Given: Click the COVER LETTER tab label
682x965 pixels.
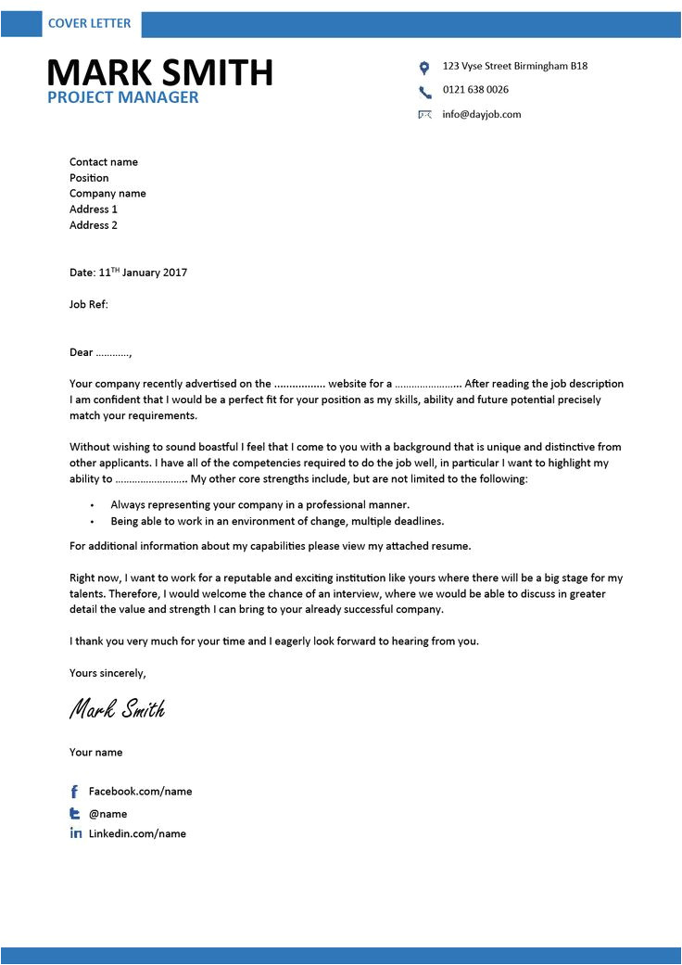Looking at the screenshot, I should [x=90, y=23].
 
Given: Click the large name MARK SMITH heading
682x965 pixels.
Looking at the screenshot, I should [x=159, y=72].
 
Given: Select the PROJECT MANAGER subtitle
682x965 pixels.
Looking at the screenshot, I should [x=123, y=97].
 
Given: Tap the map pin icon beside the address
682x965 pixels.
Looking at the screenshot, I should [x=424, y=68].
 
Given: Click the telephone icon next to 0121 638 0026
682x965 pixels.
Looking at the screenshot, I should [x=425, y=92].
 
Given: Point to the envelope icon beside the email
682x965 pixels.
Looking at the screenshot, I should [x=425, y=115].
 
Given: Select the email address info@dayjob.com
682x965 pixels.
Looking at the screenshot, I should [x=482, y=115].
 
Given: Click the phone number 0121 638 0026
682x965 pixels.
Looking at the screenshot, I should [x=475, y=90].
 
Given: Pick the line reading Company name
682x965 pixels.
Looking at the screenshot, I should [x=107, y=194].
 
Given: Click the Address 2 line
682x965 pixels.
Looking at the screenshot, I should [x=94, y=225].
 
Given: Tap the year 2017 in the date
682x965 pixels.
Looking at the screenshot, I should [x=173, y=273].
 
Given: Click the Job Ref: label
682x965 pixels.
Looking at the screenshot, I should [x=89, y=304].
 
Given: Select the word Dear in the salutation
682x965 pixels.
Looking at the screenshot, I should [x=82, y=352].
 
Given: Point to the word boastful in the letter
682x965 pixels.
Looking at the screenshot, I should [x=217, y=448].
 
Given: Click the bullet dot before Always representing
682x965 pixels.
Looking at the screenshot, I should [x=92, y=506].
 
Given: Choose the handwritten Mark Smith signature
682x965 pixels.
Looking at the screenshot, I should [x=118, y=710].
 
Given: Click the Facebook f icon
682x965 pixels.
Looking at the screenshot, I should [x=75, y=792].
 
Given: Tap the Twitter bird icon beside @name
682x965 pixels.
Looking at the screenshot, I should [x=75, y=813].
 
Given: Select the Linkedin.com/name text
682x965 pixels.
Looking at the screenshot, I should [x=137, y=834].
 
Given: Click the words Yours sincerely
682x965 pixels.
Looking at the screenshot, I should [x=107, y=673].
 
